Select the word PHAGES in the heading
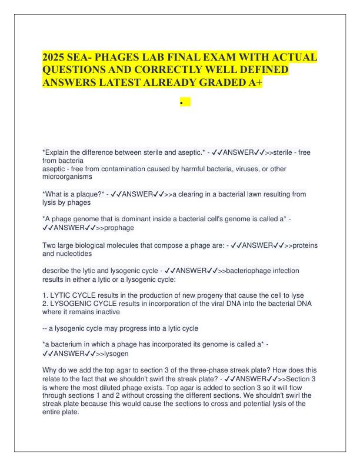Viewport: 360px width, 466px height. (x=125, y=58)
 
